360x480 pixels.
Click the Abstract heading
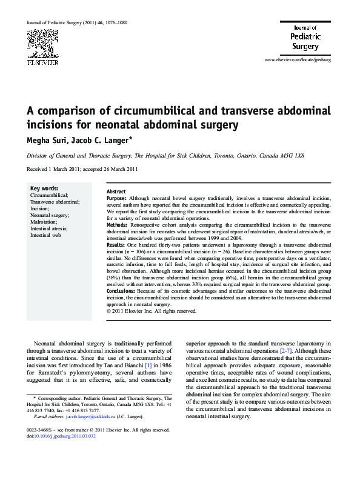[116, 191]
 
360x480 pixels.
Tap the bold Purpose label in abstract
[116, 198]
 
